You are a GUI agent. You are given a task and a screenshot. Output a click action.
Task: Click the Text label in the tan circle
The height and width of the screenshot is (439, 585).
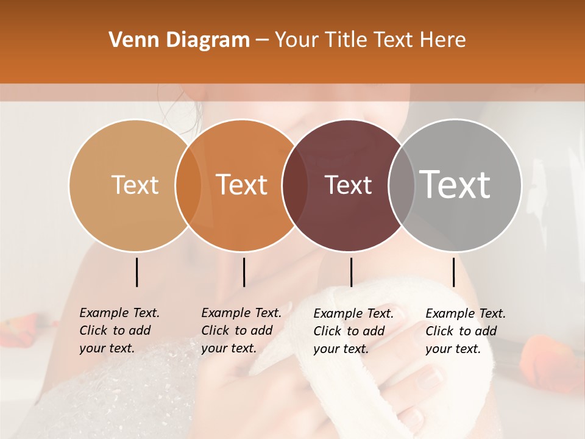(x=135, y=185)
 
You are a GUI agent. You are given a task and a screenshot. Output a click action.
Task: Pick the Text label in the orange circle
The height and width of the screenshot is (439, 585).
(x=242, y=185)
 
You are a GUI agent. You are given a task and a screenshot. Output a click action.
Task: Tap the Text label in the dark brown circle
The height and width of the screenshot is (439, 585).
(x=349, y=185)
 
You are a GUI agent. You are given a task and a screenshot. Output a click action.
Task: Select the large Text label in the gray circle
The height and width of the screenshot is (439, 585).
(x=455, y=184)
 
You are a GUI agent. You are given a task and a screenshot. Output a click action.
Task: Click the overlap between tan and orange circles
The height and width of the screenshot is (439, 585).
(x=188, y=185)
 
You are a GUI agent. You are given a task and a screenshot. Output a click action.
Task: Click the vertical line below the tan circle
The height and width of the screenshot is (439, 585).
(x=136, y=272)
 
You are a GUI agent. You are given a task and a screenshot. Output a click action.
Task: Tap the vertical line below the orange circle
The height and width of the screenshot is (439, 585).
(x=244, y=272)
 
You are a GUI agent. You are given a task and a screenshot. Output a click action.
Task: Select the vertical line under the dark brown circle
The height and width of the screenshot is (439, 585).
(x=351, y=272)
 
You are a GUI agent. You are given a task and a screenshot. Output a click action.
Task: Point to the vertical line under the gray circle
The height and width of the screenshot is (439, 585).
(x=453, y=272)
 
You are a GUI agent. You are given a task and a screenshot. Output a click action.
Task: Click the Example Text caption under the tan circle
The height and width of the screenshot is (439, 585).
(x=119, y=330)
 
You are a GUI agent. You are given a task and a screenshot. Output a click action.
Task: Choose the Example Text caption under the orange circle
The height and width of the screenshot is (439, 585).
(x=241, y=330)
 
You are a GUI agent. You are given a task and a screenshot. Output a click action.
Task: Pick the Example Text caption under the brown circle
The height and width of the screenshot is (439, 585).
(x=353, y=331)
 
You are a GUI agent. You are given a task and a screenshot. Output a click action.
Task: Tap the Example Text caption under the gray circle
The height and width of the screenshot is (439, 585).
(x=466, y=331)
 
